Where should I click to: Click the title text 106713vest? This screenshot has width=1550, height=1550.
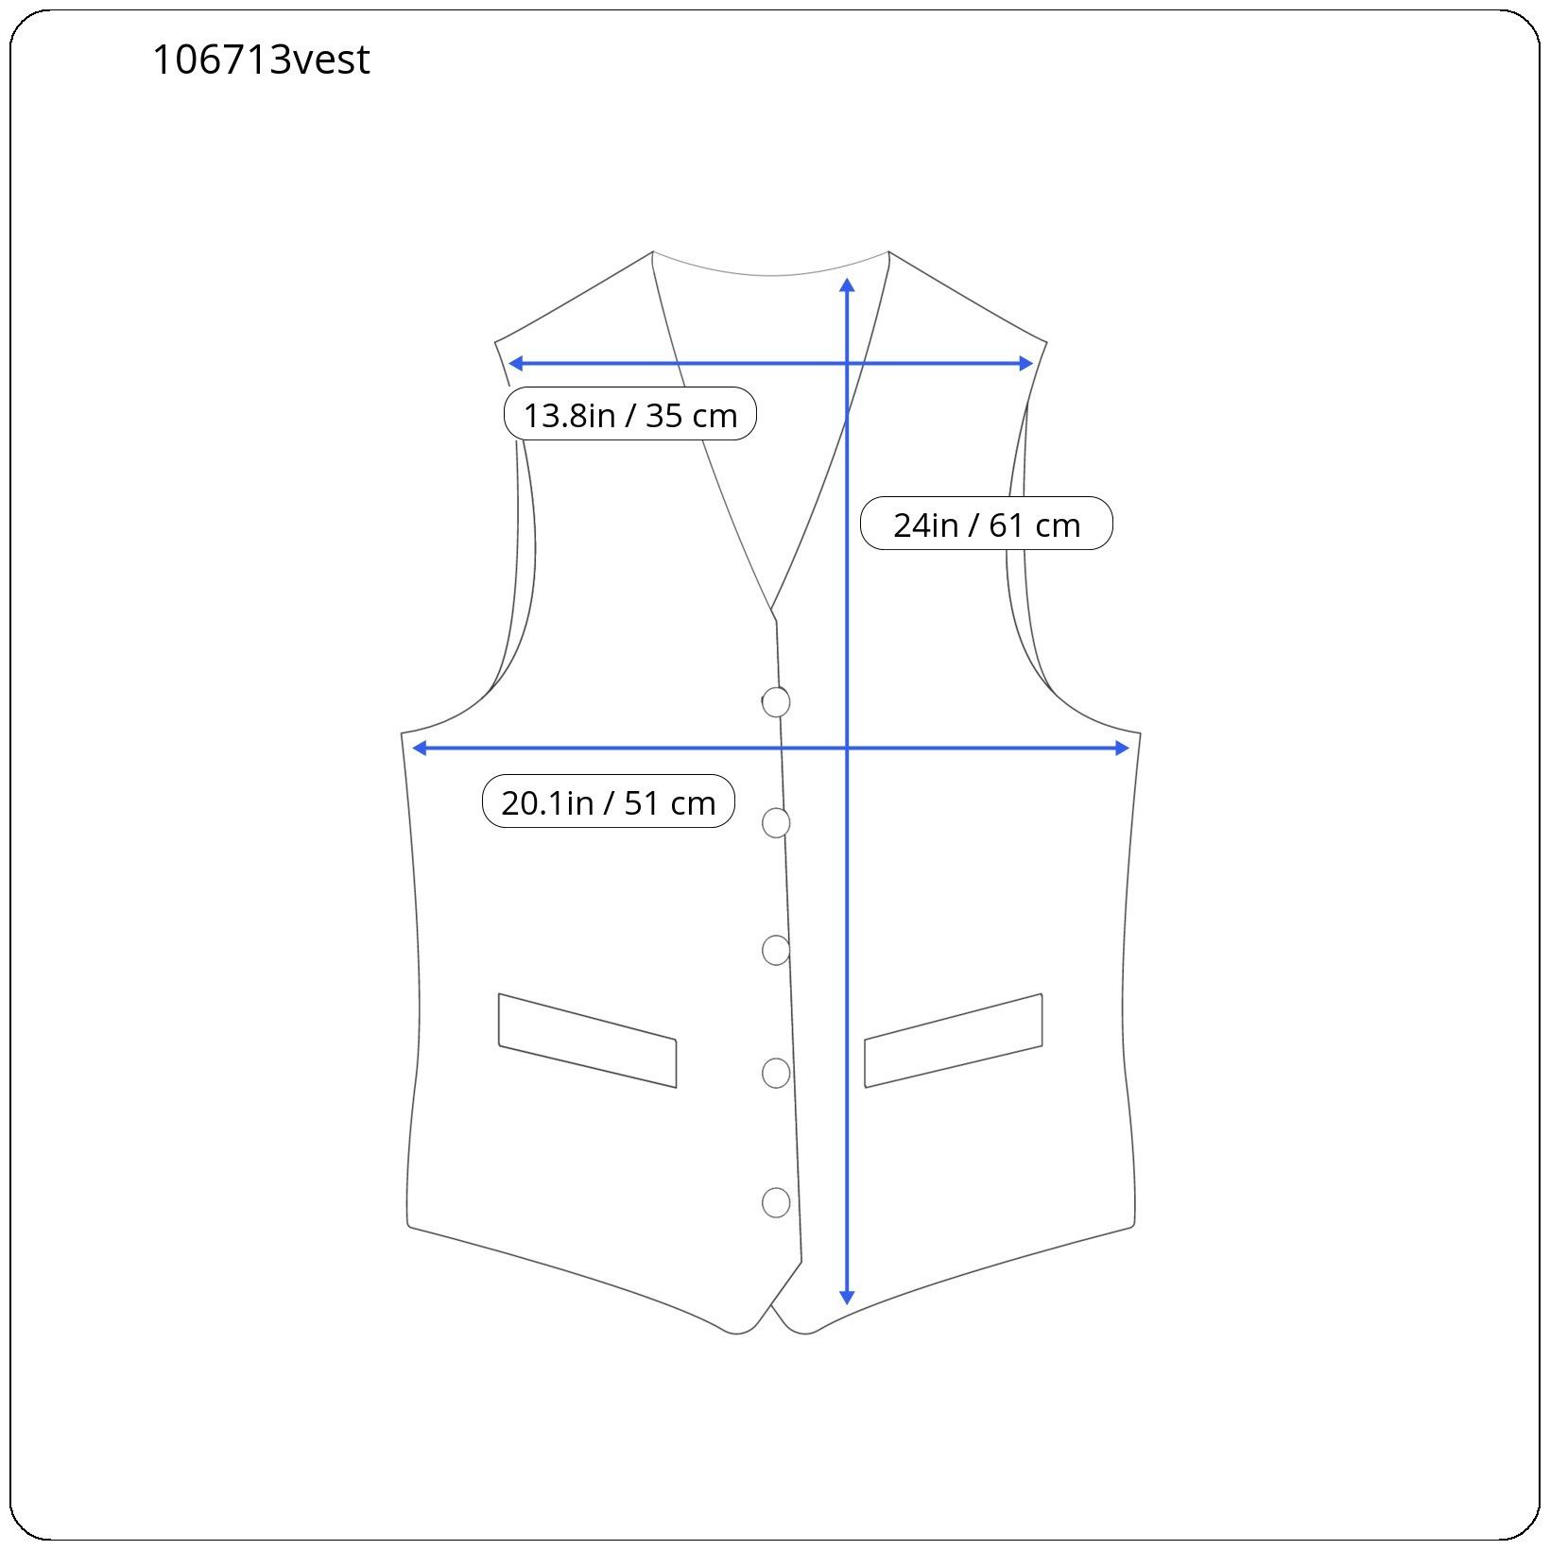point(261,60)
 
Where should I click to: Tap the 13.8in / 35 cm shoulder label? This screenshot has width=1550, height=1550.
point(630,414)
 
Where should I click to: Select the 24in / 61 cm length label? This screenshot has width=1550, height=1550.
point(987,524)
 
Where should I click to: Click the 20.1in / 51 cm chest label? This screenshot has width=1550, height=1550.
point(609,801)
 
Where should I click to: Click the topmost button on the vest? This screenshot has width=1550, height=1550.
point(776,702)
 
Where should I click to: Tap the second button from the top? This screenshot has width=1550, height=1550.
point(776,823)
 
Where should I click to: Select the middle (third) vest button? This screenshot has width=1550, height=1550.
point(776,950)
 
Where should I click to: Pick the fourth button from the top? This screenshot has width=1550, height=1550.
point(776,1073)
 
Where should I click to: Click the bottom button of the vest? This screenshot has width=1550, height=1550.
point(776,1202)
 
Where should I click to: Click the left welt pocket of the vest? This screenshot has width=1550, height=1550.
point(587,1041)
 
